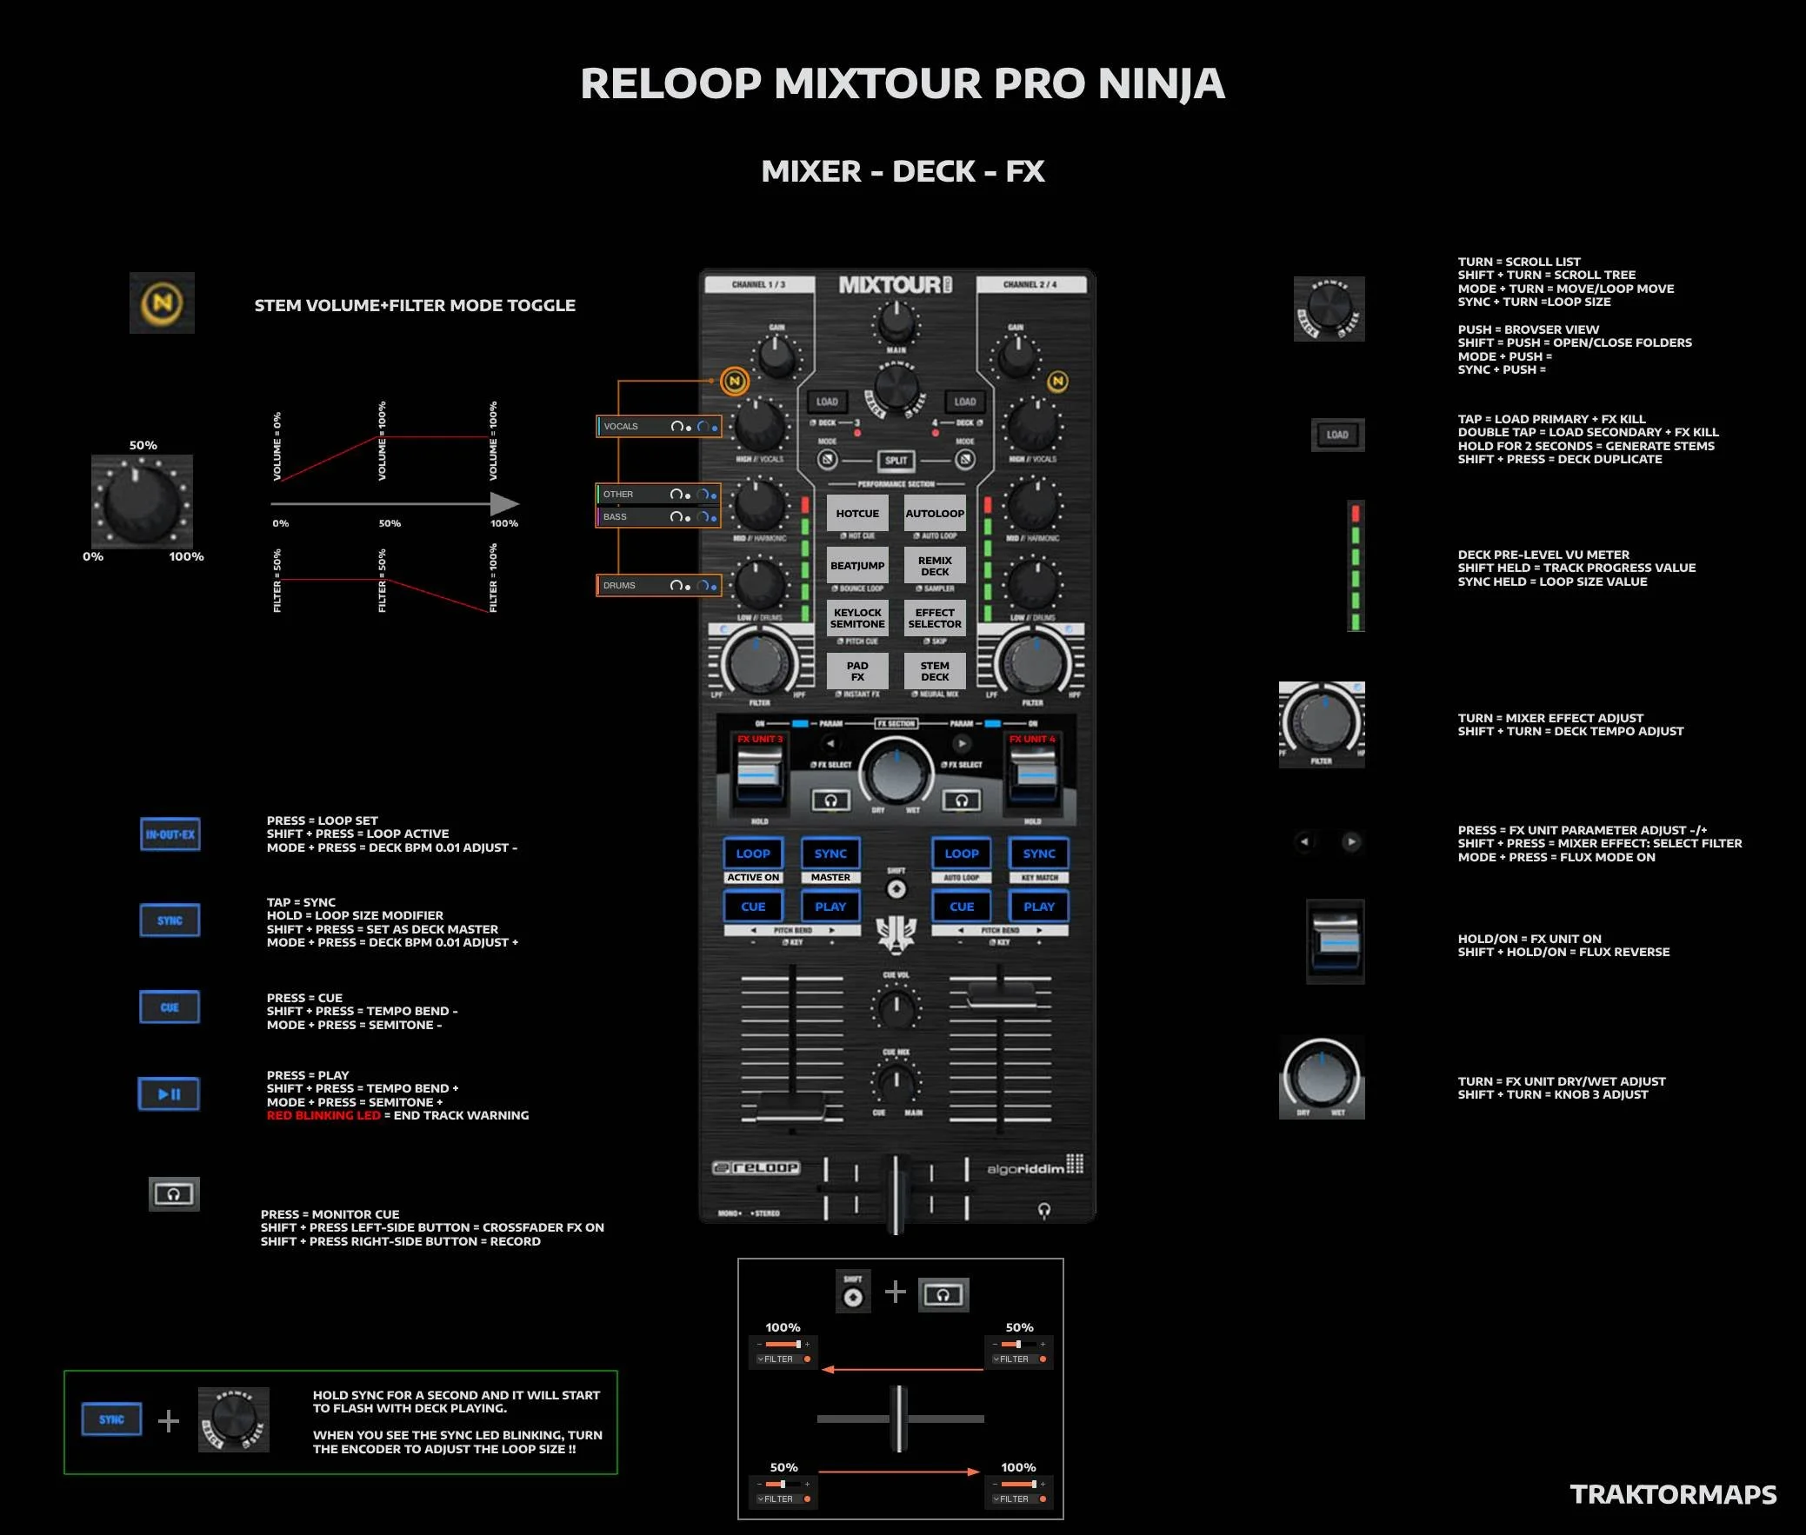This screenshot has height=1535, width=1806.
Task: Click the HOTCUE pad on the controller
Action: click(857, 514)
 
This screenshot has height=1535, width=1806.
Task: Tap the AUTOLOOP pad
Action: click(935, 514)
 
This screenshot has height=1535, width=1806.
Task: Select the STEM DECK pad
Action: click(935, 671)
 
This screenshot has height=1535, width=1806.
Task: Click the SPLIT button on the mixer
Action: click(896, 461)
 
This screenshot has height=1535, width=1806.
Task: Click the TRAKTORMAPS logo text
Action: click(1673, 1494)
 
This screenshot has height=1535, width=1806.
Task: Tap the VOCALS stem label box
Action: click(658, 427)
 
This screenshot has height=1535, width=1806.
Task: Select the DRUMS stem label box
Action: click(658, 586)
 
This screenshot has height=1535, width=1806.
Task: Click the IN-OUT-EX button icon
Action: click(170, 834)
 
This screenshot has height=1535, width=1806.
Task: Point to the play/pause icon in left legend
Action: click(169, 1093)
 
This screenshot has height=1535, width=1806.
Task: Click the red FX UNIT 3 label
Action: click(760, 739)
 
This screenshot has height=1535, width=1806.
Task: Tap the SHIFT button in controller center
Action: click(896, 888)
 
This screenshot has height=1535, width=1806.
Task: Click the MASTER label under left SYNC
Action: click(830, 877)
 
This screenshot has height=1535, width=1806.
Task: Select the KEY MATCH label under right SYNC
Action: click(1038, 877)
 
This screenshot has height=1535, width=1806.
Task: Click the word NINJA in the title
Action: click(1160, 83)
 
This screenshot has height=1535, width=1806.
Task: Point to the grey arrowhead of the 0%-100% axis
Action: click(505, 504)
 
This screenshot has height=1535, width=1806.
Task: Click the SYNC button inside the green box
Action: click(111, 1419)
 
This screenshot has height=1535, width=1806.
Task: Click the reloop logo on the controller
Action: click(756, 1167)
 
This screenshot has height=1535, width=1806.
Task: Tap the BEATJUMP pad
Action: click(857, 566)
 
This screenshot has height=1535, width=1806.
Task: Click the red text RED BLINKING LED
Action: click(323, 1115)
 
